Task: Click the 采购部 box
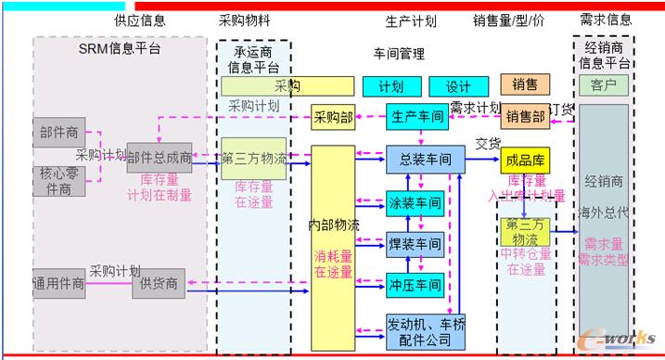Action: (334, 117)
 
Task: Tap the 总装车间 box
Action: (425, 160)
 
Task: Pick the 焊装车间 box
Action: (414, 246)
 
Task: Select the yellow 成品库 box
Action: (524, 160)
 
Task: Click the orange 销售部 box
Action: (525, 117)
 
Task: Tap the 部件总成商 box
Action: (160, 159)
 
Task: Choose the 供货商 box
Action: (160, 283)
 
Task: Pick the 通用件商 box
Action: (58, 283)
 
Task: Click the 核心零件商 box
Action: (58, 181)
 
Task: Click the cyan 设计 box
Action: (458, 86)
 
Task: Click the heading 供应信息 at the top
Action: (140, 19)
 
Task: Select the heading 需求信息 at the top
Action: (606, 19)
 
